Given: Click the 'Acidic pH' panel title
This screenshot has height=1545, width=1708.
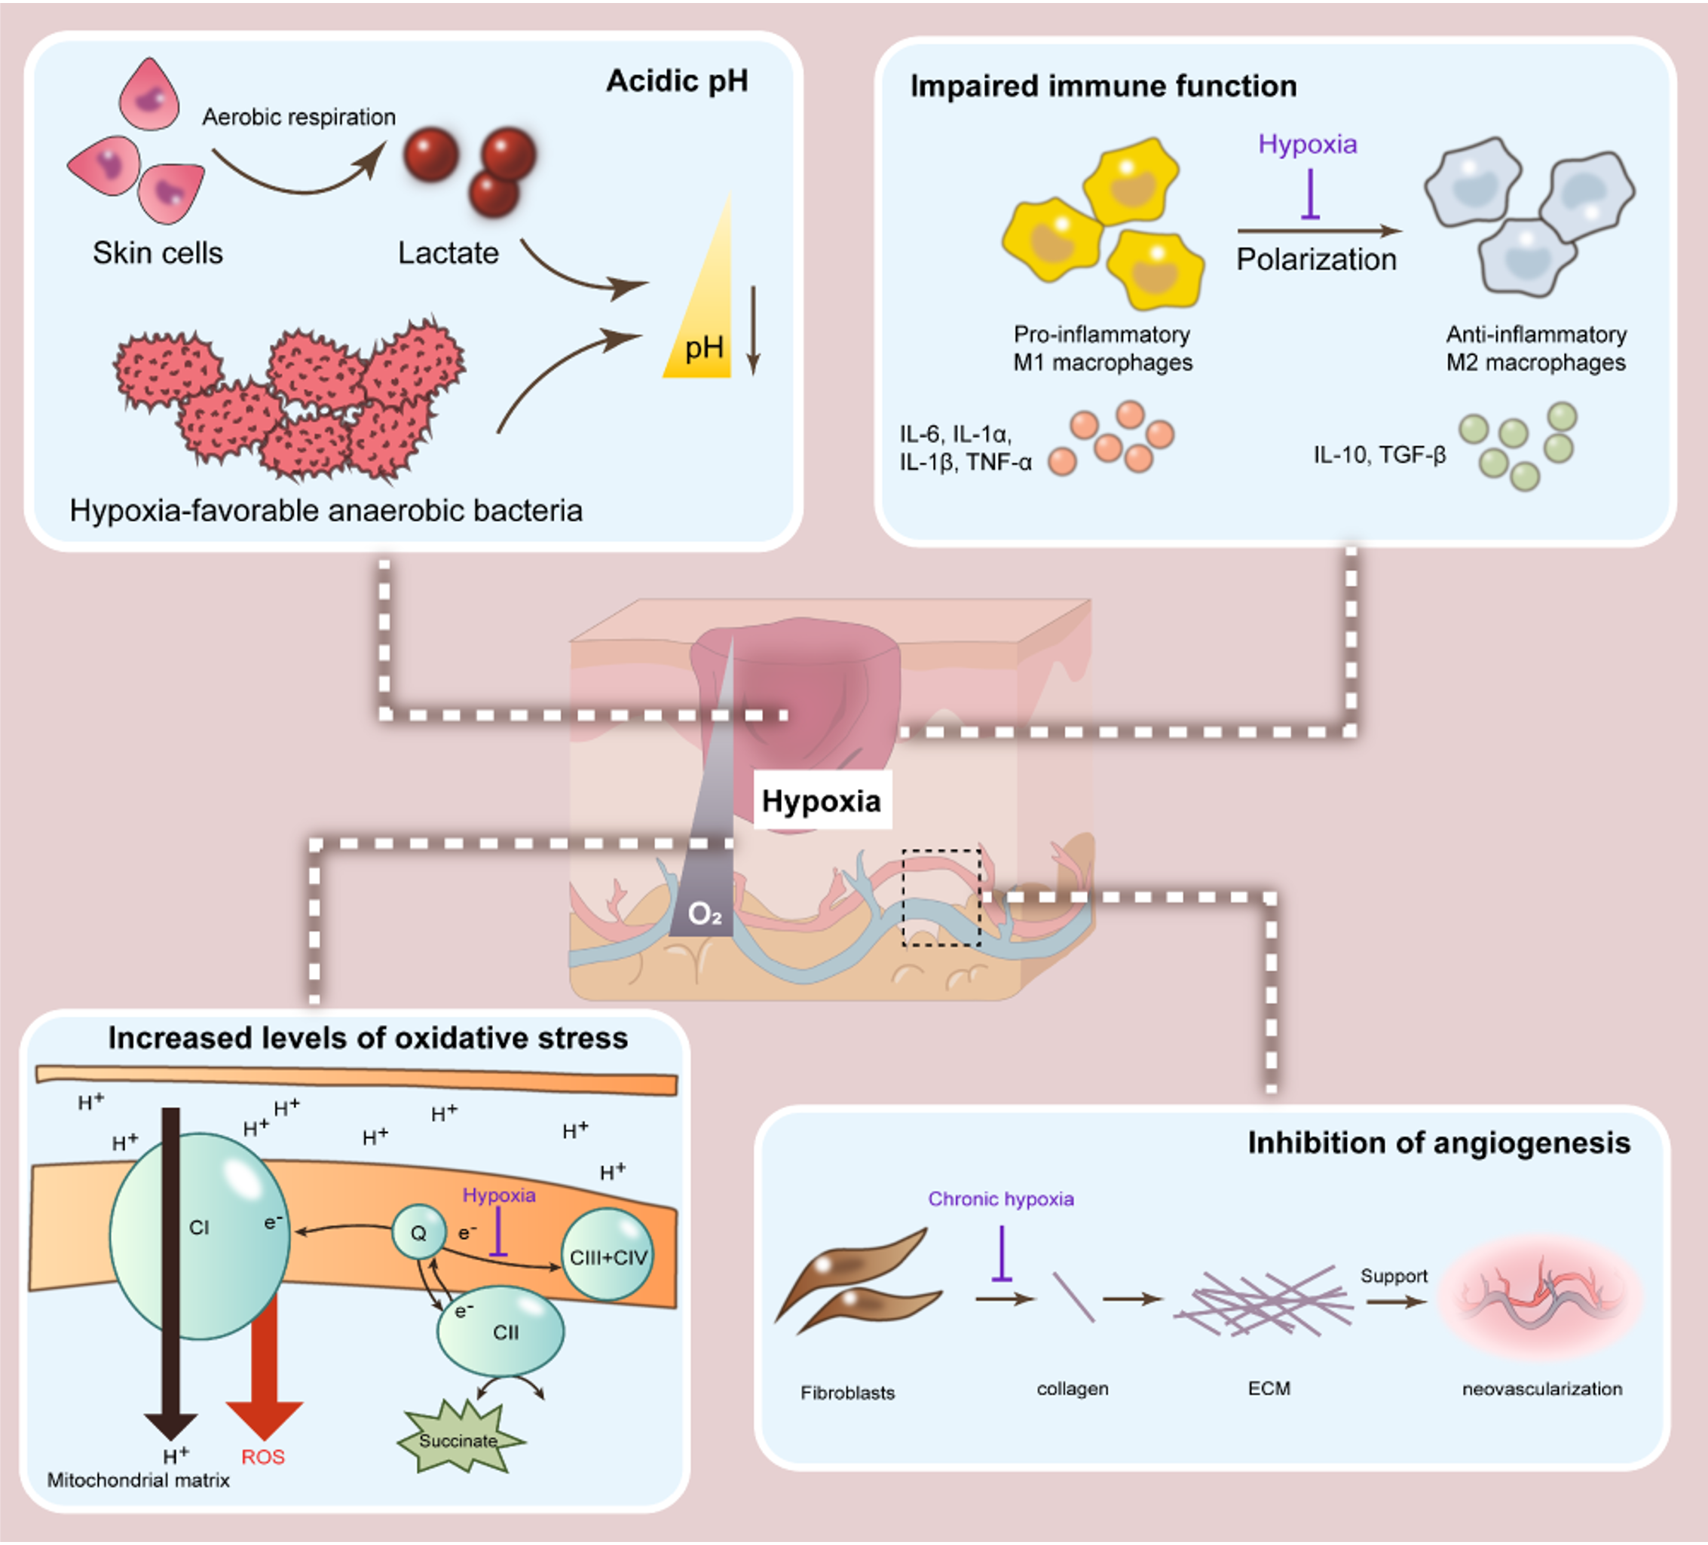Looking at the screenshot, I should (x=677, y=81).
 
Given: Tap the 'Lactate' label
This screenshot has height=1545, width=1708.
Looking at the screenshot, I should (x=448, y=253).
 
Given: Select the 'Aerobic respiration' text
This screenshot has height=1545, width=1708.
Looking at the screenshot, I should (x=298, y=117).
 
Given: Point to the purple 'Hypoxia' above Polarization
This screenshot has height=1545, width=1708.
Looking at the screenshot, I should (x=1307, y=144).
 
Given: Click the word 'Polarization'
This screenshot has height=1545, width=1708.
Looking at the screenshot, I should (x=1316, y=259).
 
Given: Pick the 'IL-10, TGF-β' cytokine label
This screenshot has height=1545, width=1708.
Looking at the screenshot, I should (x=1379, y=456).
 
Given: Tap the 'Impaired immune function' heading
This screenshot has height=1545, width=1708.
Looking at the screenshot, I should (x=1103, y=87).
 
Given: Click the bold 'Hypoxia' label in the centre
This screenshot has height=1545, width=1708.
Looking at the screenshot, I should (x=821, y=800).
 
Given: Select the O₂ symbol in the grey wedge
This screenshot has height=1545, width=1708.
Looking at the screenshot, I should (x=704, y=914).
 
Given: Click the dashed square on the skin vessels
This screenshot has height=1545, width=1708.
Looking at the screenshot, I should (x=941, y=898).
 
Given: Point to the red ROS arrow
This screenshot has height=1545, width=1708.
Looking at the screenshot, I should (x=265, y=1372).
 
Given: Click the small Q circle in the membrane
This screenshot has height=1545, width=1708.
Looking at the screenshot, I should (x=418, y=1232).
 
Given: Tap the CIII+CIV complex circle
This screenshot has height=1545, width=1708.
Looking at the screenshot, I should (x=608, y=1257).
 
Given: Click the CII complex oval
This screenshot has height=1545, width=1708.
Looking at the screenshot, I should (x=500, y=1332).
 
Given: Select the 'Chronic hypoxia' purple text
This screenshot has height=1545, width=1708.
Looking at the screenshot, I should (x=1000, y=1199).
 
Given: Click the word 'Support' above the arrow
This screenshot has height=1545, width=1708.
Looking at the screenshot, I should (x=1394, y=1276).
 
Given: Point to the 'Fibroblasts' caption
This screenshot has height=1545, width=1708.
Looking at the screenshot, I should (x=847, y=1393).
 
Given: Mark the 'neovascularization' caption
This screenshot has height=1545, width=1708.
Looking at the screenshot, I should (x=1542, y=1389).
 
